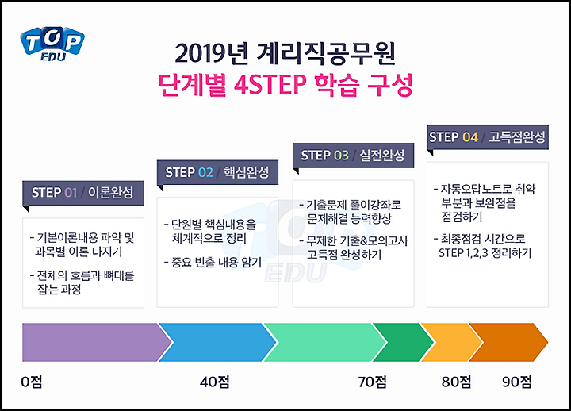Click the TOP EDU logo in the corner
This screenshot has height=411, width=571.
click(x=52, y=44)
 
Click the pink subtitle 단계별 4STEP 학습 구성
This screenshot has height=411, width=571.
click(x=285, y=85)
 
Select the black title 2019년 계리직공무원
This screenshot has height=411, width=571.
click(x=285, y=53)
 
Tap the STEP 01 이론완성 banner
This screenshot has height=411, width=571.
click(x=83, y=193)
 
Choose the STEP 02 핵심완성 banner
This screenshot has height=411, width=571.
click(x=217, y=172)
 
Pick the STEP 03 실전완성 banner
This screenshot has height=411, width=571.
click(x=353, y=156)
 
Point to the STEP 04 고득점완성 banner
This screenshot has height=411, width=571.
click(x=488, y=137)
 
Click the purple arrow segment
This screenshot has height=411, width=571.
click(x=93, y=342)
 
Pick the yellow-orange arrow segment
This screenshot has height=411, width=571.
click(x=450, y=342)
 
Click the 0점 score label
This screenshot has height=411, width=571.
click(x=32, y=382)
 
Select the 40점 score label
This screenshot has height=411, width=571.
click(x=214, y=382)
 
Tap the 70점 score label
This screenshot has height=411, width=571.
click(x=372, y=382)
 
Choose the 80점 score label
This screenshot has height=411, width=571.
click(x=456, y=382)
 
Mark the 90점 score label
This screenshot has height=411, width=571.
click(x=517, y=382)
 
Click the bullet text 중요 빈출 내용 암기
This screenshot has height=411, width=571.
click(x=213, y=263)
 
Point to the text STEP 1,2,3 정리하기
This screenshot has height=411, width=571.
click(x=485, y=253)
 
